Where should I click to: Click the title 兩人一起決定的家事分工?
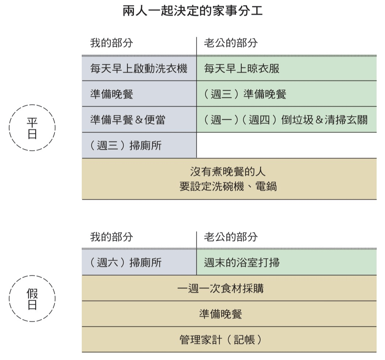click(193, 11)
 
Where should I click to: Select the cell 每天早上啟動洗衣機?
click(139, 69)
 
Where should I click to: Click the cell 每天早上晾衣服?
click(286, 69)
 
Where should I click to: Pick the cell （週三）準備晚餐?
click(286, 94)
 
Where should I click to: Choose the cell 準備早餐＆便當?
click(139, 120)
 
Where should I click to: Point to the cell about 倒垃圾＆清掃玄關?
click(286, 120)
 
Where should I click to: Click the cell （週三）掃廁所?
click(139, 145)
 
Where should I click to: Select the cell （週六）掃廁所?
click(139, 263)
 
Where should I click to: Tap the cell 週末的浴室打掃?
click(286, 263)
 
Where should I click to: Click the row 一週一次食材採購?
click(229, 288)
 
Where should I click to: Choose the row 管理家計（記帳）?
click(229, 340)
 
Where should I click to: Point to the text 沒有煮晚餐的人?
click(228, 172)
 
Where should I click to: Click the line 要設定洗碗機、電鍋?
click(228, 186)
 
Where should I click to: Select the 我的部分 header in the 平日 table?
click(111, 43)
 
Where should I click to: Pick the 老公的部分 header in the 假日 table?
click(231, 237)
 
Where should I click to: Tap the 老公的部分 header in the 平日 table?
click(231, 43)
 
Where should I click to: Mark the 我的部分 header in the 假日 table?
click(111, 237)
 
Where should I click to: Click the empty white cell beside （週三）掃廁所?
click(286, 145)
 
